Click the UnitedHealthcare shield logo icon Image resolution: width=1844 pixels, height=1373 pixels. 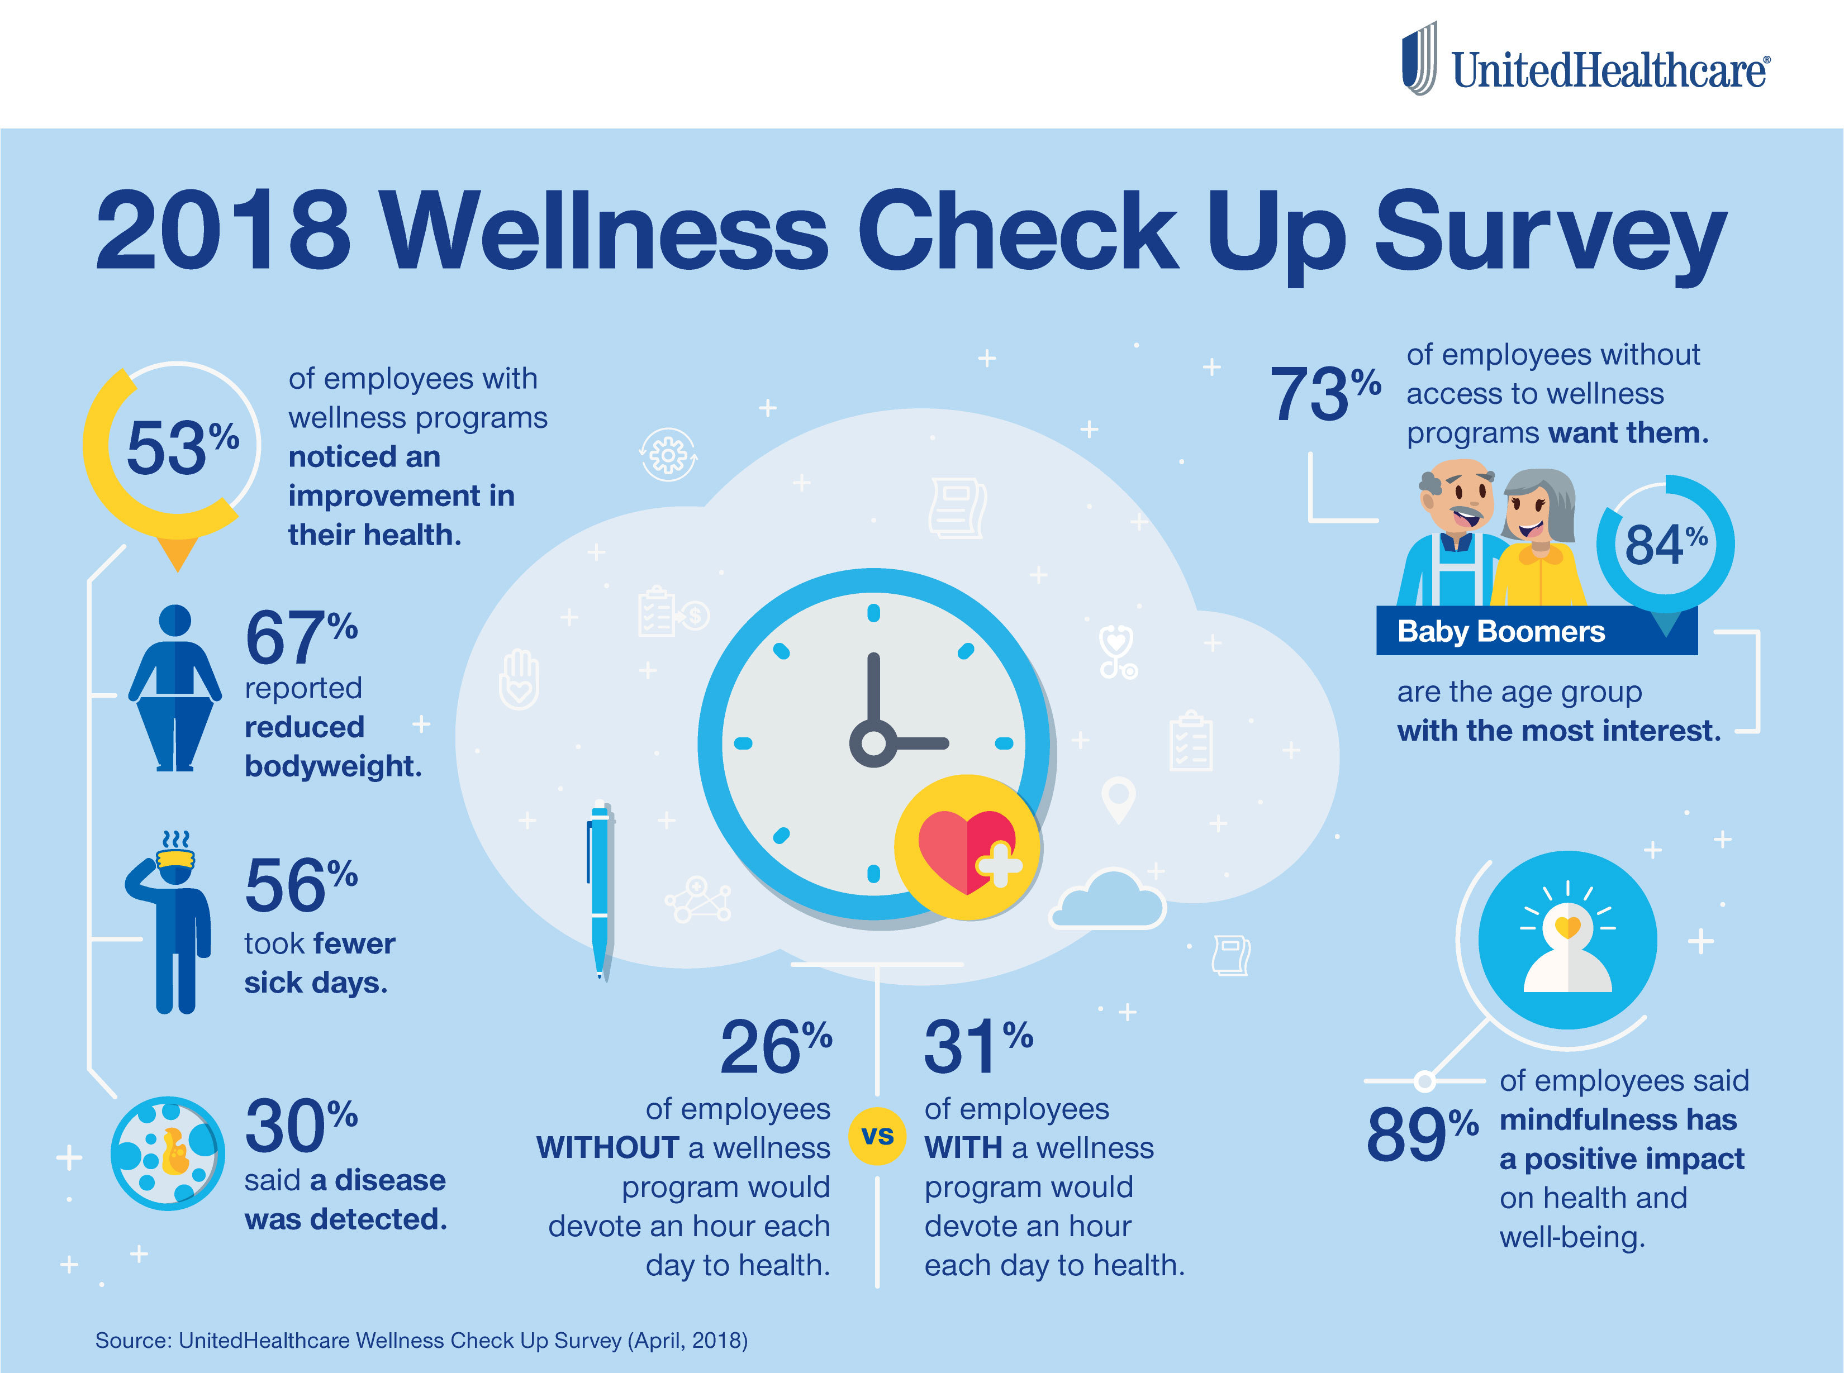pyautogui.click(x=1419, y=58)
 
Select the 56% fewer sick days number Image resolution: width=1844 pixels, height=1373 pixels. pyautogui.click(x=300, y=886)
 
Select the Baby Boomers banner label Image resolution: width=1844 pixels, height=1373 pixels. pyautogui.click(x=1501, y=632)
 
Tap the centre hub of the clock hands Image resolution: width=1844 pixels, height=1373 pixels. pyautogui.click(x=873, y=743)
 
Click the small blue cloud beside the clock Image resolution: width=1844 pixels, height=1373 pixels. pyautogui.click(x=1108, y=902)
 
